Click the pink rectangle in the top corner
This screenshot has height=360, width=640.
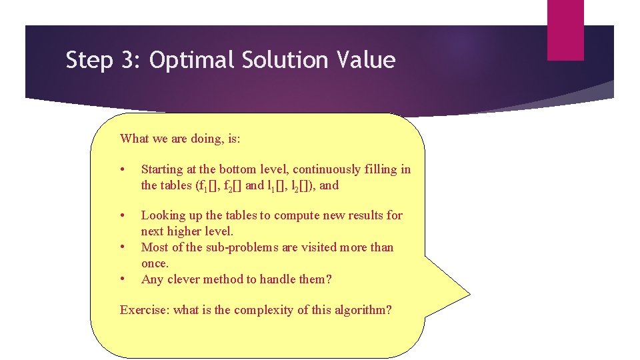click(565, 30)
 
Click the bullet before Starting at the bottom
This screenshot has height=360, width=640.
click(123, 170)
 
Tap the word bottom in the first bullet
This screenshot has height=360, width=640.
click(237, 169)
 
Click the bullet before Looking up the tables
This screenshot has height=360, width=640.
click(123, 216)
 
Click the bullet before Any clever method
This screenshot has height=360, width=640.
click(123, 280)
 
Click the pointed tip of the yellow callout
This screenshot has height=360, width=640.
click(469, 292)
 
